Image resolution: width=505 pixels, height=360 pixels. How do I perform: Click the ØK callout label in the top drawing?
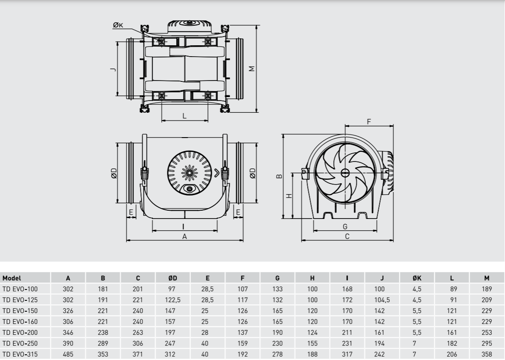click(x=118, y=25)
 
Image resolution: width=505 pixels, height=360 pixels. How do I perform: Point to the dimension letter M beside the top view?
click(x=252, y=69)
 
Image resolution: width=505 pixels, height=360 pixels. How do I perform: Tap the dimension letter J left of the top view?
click(x=113, y=69)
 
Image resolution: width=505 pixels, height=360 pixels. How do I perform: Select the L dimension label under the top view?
click(x=184, y=116)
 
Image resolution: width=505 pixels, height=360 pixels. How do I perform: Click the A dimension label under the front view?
click(x=184, y=236)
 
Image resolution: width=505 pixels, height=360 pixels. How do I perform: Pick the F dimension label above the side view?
click(x=369, y=122)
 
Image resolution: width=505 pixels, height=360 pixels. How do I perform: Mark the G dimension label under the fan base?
click(x=345, y=226)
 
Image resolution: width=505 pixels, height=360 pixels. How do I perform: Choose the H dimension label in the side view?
click(x=289, y=195)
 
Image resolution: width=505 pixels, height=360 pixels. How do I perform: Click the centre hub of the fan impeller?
click(x=345, y=173)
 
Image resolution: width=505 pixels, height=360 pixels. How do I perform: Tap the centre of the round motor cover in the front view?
click(x=189, y=173)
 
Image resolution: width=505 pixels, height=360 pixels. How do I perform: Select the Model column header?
click(x=12, y=278)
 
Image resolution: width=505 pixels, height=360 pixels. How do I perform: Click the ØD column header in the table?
click(x=173, y=278)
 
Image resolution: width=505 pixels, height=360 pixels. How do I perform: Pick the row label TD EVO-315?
click(x=20, y=354)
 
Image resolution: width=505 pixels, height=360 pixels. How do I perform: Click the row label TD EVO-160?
click(x=20, y=322)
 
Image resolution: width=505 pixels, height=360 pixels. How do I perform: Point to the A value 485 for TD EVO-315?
click(x=68, y=354)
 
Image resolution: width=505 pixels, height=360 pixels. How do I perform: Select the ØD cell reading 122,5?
click(x=173, y=300)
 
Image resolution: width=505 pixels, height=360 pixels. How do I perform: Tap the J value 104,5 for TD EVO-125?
click(x=382, y=300)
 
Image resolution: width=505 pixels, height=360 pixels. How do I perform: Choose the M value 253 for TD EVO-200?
click(x=487, y=333)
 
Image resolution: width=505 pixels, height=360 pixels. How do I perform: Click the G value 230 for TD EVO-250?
click(x=278, y=343)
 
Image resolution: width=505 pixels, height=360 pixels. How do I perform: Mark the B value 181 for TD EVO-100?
click(x=103, y=289)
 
